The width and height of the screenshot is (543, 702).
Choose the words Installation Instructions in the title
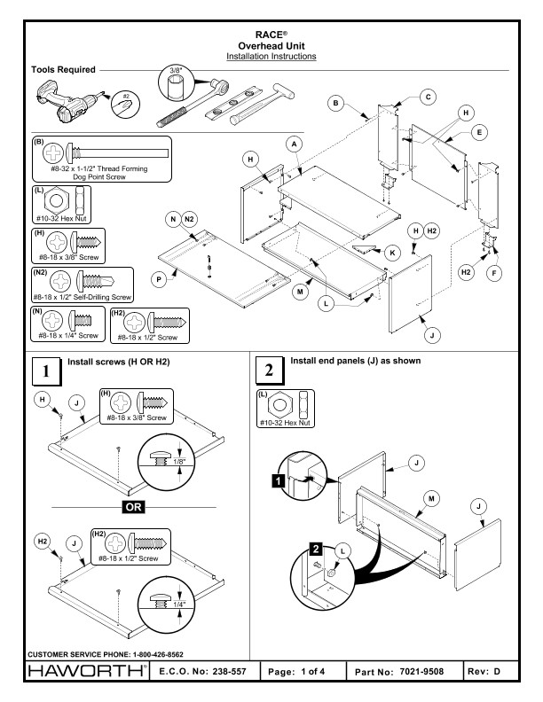click(272, 56)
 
